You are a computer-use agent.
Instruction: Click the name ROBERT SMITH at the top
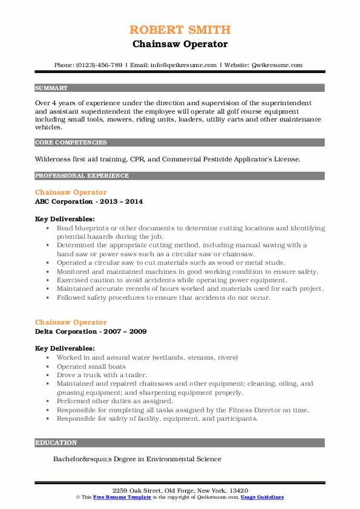click(180, 30)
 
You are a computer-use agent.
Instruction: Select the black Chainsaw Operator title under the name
click(180, 44)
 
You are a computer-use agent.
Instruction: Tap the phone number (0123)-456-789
click(97, 65)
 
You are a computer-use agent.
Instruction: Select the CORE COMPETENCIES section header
click(71, 143)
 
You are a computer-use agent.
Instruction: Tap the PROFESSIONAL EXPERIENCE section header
click(82, 176)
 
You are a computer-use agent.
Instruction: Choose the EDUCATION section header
click(56, 443)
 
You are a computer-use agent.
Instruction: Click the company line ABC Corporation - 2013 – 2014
click(89, 201)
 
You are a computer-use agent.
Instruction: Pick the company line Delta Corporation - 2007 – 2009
click(91, 331)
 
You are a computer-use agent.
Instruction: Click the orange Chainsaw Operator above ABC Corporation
click(71, 192)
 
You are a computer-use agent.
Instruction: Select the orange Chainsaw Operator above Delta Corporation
click(71, 322)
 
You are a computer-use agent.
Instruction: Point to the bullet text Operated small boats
click(91, 366)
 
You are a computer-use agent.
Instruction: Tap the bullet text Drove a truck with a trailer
click(102, 375)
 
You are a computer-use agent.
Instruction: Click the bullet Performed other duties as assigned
click(115, 401)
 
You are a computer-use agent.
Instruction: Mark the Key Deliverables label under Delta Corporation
click(65, 348)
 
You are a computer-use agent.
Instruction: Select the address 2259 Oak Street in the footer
click(140, 490)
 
